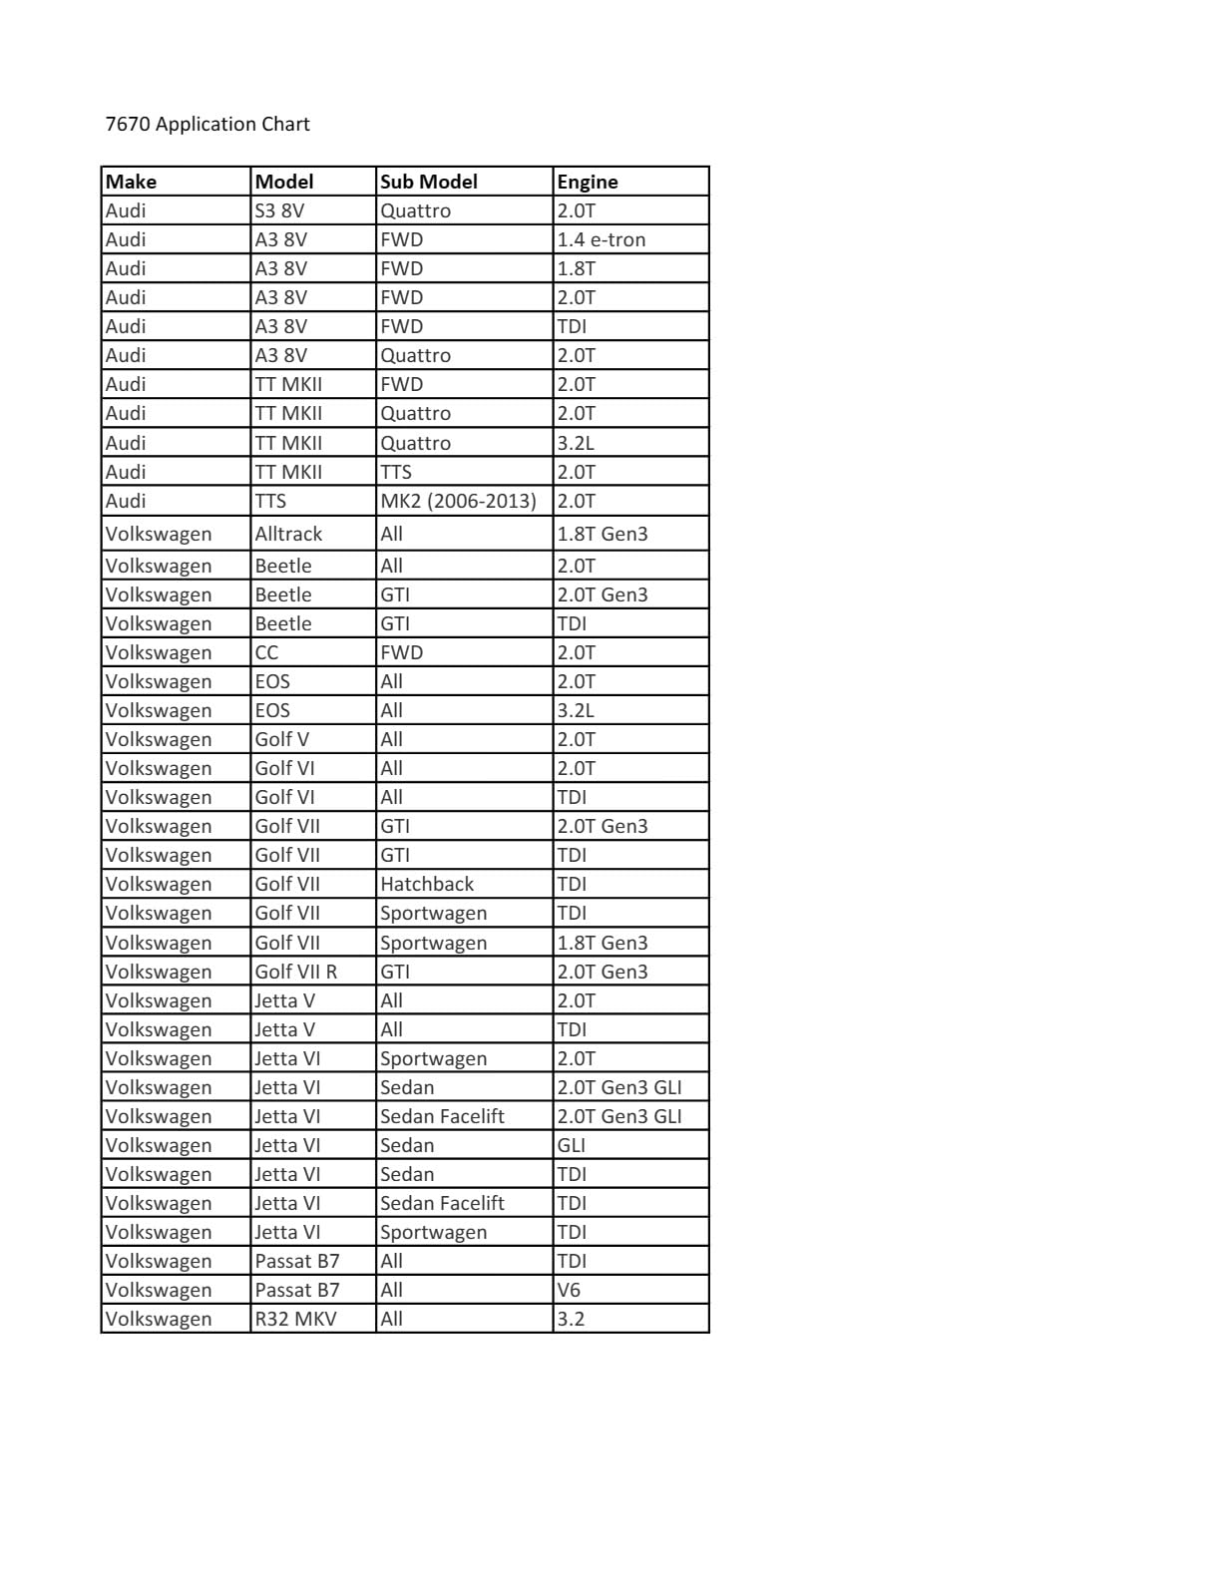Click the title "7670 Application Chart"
coord(207,125)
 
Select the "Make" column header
coord(131,182)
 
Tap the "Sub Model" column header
coord(429,182)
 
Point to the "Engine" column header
coord(588,182)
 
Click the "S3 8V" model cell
coord(280,210)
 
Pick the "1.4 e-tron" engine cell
coord(602,239)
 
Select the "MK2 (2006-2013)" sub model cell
coord(458,501)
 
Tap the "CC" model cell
coord(266,652)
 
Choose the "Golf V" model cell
coord(281,739)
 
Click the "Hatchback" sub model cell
coord(427,884)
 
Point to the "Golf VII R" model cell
coord(296,972)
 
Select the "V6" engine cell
coord(569,1290)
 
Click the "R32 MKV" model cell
coord(295,1319)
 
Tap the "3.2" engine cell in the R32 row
coord(571,1319)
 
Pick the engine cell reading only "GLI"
coord(572,1145)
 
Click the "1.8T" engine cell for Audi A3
coord(577,268)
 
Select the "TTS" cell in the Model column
coord(270,501)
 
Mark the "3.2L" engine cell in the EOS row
coord(576,710)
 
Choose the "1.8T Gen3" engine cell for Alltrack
coord(603,534)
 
